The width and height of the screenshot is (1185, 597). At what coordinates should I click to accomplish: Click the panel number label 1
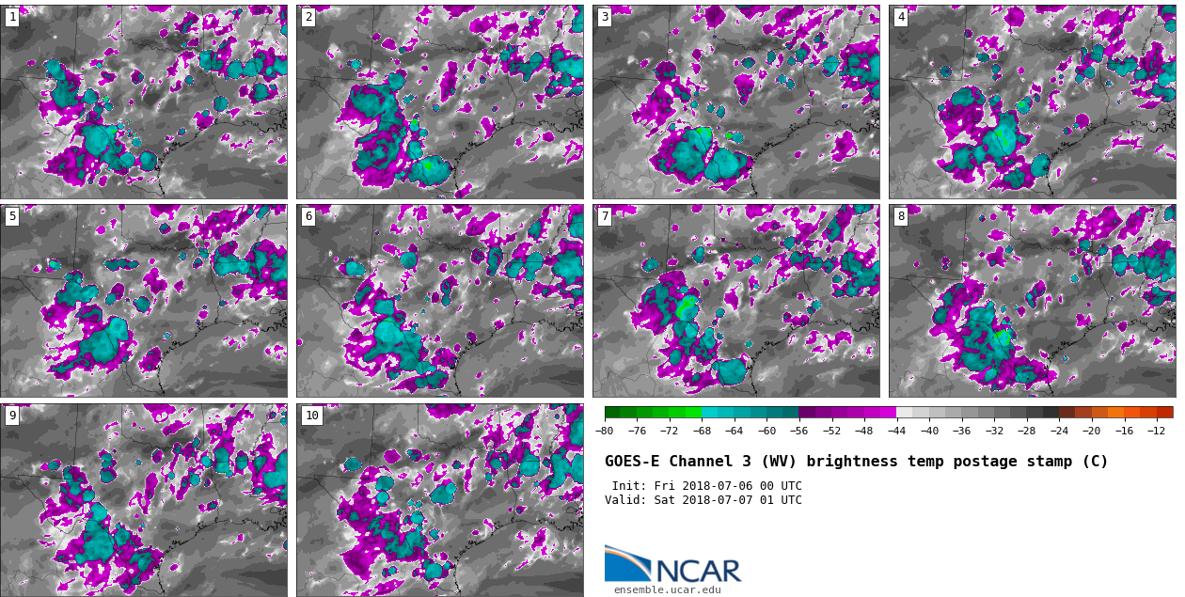[x=12, y=17]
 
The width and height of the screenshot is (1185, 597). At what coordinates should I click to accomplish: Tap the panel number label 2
[x=308, y=17]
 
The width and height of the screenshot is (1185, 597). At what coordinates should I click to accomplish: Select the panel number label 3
[x=605, y=17]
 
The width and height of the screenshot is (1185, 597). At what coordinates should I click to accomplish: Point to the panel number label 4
[x=901, y=17]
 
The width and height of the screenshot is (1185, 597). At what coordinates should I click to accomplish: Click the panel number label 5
[x=12, y=216]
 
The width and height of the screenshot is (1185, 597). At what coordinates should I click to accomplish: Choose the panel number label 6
[x=308, y=216]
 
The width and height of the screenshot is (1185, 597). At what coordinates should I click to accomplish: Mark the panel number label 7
[x=605, y=216]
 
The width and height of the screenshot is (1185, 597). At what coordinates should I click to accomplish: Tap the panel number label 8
[x=901, y=216]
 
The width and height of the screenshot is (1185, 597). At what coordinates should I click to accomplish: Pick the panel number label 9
[x=12, y=416]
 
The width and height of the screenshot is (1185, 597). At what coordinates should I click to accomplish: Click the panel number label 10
[x=311, y=416]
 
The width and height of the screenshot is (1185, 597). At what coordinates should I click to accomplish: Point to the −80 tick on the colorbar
[x=605, y=431]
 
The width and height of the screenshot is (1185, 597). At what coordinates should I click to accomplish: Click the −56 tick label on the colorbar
[x=799, y=431]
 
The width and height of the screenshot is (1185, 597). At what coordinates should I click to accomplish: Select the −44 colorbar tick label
[x=896, y=431]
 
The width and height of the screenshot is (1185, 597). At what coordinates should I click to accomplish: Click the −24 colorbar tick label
[x=1059, y=431]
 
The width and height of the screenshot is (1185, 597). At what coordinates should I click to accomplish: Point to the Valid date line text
[x=703, y=500]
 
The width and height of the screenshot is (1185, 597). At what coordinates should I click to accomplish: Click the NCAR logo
[x=672, y=565]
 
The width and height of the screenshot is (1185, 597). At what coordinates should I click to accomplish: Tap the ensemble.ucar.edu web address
[x=667, y=590]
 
